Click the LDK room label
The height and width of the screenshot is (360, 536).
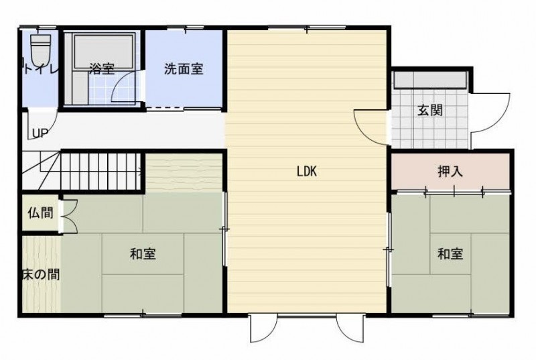307,171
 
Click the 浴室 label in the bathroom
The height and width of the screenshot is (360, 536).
102,69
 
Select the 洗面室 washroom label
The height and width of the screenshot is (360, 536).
184,69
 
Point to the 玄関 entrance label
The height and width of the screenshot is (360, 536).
430,110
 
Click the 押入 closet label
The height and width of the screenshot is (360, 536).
450,171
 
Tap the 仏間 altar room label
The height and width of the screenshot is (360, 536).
41,213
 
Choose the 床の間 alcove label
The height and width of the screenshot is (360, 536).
41,274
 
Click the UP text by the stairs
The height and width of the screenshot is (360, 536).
40,133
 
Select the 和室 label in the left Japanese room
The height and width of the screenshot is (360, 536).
143,253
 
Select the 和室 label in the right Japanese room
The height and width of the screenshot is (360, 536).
450,253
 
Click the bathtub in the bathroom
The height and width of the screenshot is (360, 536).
104,50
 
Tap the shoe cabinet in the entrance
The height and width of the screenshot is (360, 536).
430,80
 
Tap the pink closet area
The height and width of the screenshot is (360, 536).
450,172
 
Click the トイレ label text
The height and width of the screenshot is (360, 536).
41,69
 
